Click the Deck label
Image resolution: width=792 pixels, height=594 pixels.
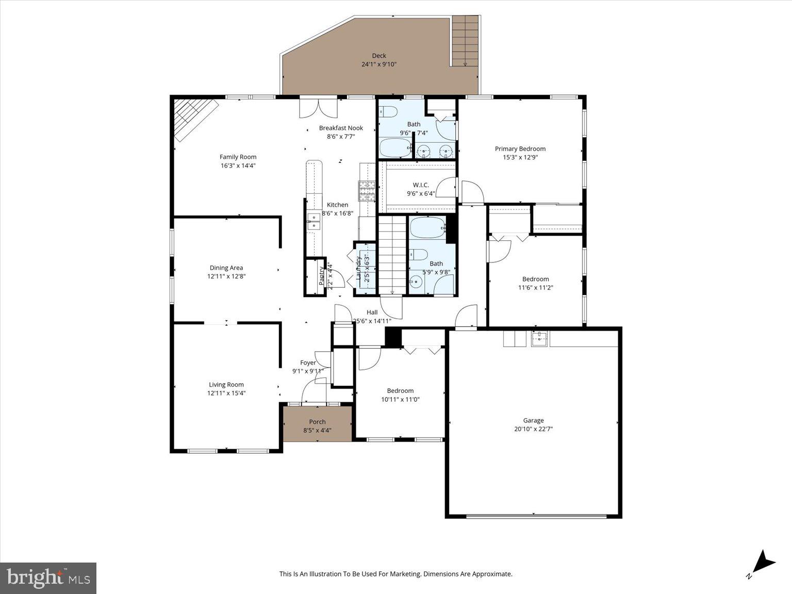click(x=379, y=56)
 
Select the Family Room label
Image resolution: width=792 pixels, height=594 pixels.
click(x=238, y=157)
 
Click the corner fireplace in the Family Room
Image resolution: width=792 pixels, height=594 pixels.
click(x=193, y=118)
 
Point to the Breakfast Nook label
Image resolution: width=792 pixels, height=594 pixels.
click(x=341, y=128)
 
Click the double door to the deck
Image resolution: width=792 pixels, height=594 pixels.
click(x=318, y=107)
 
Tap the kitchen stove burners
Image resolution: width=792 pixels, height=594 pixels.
click(x=367, y=191)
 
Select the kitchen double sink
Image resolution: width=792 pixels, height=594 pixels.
click(x=313, y=222)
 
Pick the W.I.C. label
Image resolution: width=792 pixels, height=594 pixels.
click(x=421, y=185)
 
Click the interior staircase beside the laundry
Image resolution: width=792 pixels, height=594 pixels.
click(x=392, y=254)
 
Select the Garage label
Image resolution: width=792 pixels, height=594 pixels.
click(x=533, y=420)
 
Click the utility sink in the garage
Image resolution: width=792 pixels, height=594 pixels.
click(x=539, y=339)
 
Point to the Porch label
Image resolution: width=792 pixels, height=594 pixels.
click(x=317, y=422)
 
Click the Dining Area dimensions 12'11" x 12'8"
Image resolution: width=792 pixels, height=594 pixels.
click(x=226, y=276)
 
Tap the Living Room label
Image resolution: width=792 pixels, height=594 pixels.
click(x=226, y=384)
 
